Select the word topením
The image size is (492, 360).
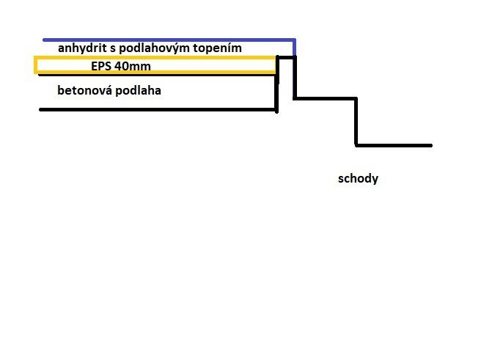click(217, 48)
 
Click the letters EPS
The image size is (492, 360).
click(101, 66)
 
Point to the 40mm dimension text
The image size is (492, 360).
click(133, 66)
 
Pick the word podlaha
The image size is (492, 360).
click(139, 90)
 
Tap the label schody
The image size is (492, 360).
click(358, 179)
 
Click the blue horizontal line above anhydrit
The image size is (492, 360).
click(169, 40)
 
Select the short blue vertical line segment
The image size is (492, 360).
click(294, 48)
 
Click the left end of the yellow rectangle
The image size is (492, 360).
click(36, 65)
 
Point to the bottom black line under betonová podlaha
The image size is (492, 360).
click(158, 109)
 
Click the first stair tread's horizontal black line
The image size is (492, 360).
click(326, 98)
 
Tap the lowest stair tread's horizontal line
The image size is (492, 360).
click(394, 145)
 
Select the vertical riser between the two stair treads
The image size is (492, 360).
click(356, 122)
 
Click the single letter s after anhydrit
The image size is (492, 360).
click(113, 50)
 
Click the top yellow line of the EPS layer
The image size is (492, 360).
click(155, 58)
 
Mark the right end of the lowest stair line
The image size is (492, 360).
click(431, 145)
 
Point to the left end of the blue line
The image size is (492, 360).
click(44, 40)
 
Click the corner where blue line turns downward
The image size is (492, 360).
click(294, 40)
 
